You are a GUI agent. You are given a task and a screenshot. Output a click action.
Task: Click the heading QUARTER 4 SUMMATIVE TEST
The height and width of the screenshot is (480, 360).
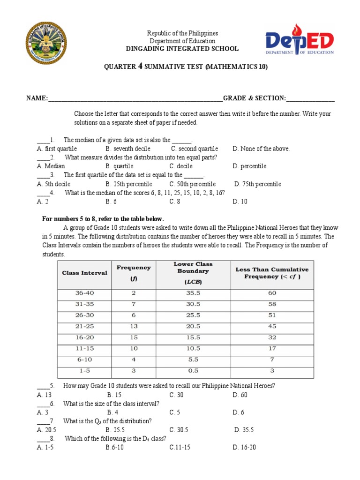[x=186, y=67]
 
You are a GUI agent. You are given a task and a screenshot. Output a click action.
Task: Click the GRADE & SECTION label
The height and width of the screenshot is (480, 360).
[x=254, y=98]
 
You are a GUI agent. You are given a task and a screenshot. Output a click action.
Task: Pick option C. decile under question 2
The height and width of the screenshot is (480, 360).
[x=181, y=166]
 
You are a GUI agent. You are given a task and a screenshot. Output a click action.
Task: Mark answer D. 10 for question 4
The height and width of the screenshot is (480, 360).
[x=240, y=202]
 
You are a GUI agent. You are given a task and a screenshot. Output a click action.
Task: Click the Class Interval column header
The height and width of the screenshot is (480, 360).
[x=85, y=273]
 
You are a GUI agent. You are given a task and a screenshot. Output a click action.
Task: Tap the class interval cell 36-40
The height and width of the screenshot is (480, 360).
[x=85, y=293]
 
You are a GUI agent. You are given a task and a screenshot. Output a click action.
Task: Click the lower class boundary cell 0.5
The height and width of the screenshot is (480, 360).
[x=190, y=370]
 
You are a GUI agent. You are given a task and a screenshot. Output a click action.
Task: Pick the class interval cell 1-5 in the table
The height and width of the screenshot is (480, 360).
[x=85, y=370]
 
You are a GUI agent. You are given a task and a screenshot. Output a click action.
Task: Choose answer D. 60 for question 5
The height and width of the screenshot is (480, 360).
[x=240, y=395]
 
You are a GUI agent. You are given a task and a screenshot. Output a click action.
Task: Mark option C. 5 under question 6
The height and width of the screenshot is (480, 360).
[x=174, y=412]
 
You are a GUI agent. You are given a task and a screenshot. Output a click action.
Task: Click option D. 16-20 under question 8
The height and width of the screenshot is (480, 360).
[x=244, y=447]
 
